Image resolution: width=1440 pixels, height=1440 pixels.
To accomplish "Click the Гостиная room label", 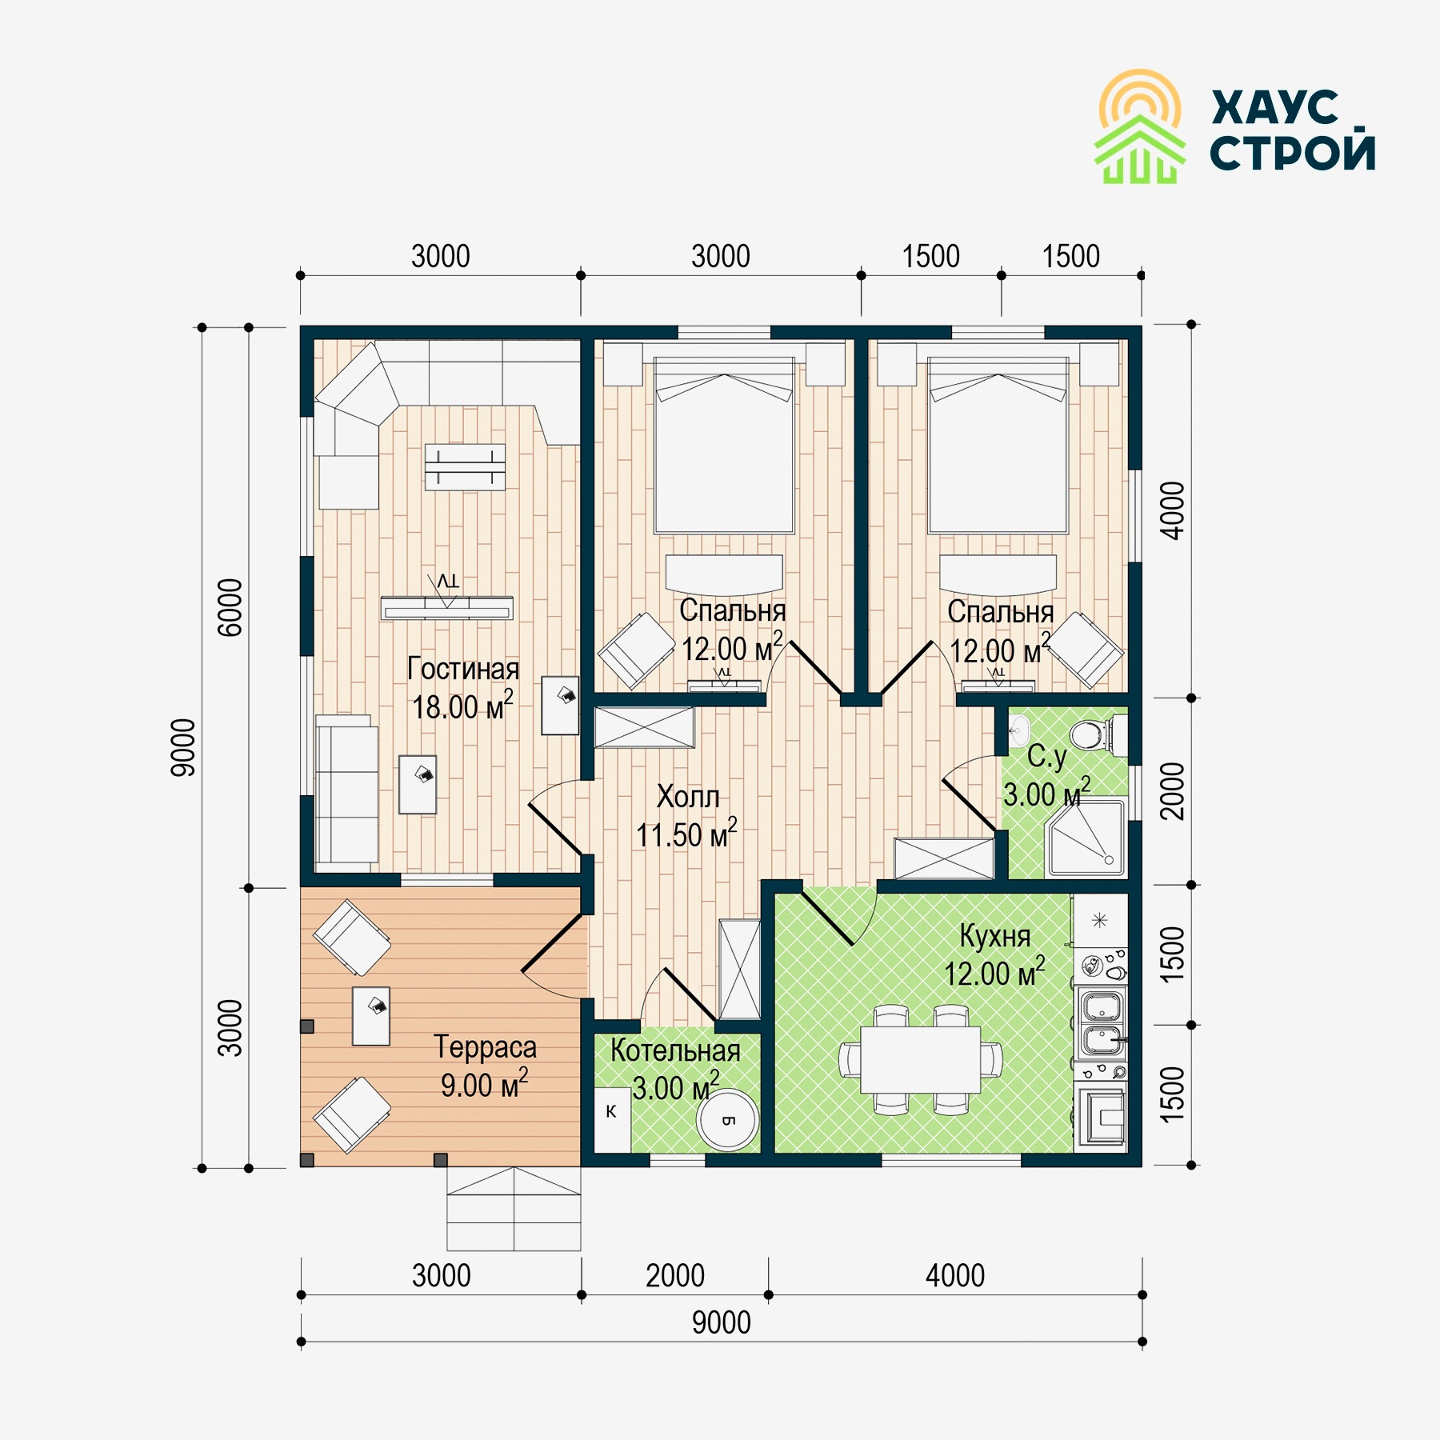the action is click(463, 670).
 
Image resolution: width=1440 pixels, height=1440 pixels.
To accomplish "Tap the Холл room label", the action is click(688, 797).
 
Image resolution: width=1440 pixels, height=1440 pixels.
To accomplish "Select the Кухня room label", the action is click(994, 936).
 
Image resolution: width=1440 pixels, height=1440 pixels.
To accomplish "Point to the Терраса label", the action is click(485, 1047).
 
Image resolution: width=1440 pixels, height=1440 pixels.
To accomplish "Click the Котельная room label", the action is click(675, 1051).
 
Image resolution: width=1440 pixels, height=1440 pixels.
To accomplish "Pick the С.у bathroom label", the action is click(1046, 757).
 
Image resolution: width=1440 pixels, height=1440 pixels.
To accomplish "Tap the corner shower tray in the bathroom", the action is click(1086, 837).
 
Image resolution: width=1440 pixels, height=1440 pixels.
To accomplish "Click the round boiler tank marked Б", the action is click(727, 1120).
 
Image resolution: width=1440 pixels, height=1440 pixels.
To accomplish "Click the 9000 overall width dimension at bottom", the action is click(722, 1323).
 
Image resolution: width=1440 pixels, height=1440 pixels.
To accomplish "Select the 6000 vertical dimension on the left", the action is click(230, 607).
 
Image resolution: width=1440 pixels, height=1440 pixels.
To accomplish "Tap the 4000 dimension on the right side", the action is click(1172, 510).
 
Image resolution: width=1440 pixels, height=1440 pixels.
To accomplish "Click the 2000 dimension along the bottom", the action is click(675, 1276).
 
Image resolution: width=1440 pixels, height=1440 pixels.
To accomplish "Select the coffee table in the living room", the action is click(465, 467).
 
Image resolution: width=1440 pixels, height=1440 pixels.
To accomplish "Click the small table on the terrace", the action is click(371, 1016).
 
